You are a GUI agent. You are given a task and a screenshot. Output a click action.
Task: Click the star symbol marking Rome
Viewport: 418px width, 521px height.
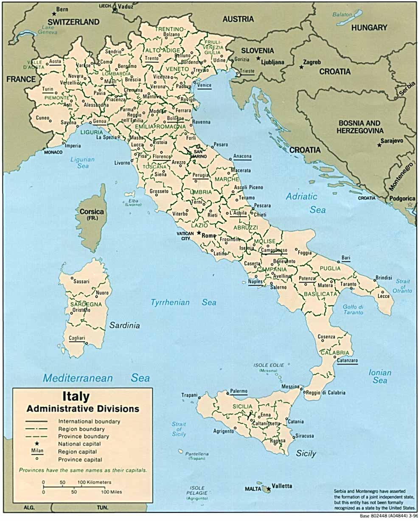pos(198,232)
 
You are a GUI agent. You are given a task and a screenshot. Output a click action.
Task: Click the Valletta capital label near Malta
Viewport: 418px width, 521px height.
pos(282,486)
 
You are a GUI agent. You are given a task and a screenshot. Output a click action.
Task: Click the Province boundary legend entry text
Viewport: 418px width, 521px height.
pos(84,436)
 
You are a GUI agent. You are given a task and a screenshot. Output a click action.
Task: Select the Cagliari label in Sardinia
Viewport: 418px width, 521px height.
pos(77,338)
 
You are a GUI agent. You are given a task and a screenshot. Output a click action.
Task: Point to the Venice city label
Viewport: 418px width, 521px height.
pos(204,85)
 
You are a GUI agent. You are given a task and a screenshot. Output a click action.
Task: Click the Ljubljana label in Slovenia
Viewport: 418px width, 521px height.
pos(272,62)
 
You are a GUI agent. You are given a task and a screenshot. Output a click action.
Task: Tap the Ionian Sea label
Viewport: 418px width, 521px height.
pos(380,377)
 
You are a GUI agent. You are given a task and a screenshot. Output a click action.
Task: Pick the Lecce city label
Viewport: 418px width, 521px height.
pos(384,296)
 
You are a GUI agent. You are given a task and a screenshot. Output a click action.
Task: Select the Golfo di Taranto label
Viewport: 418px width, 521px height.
pos(353,309)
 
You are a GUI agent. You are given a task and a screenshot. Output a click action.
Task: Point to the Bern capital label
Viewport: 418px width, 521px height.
pos(62,9)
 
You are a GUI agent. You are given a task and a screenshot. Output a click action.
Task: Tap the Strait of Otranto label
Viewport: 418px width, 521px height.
pos(403,286)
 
